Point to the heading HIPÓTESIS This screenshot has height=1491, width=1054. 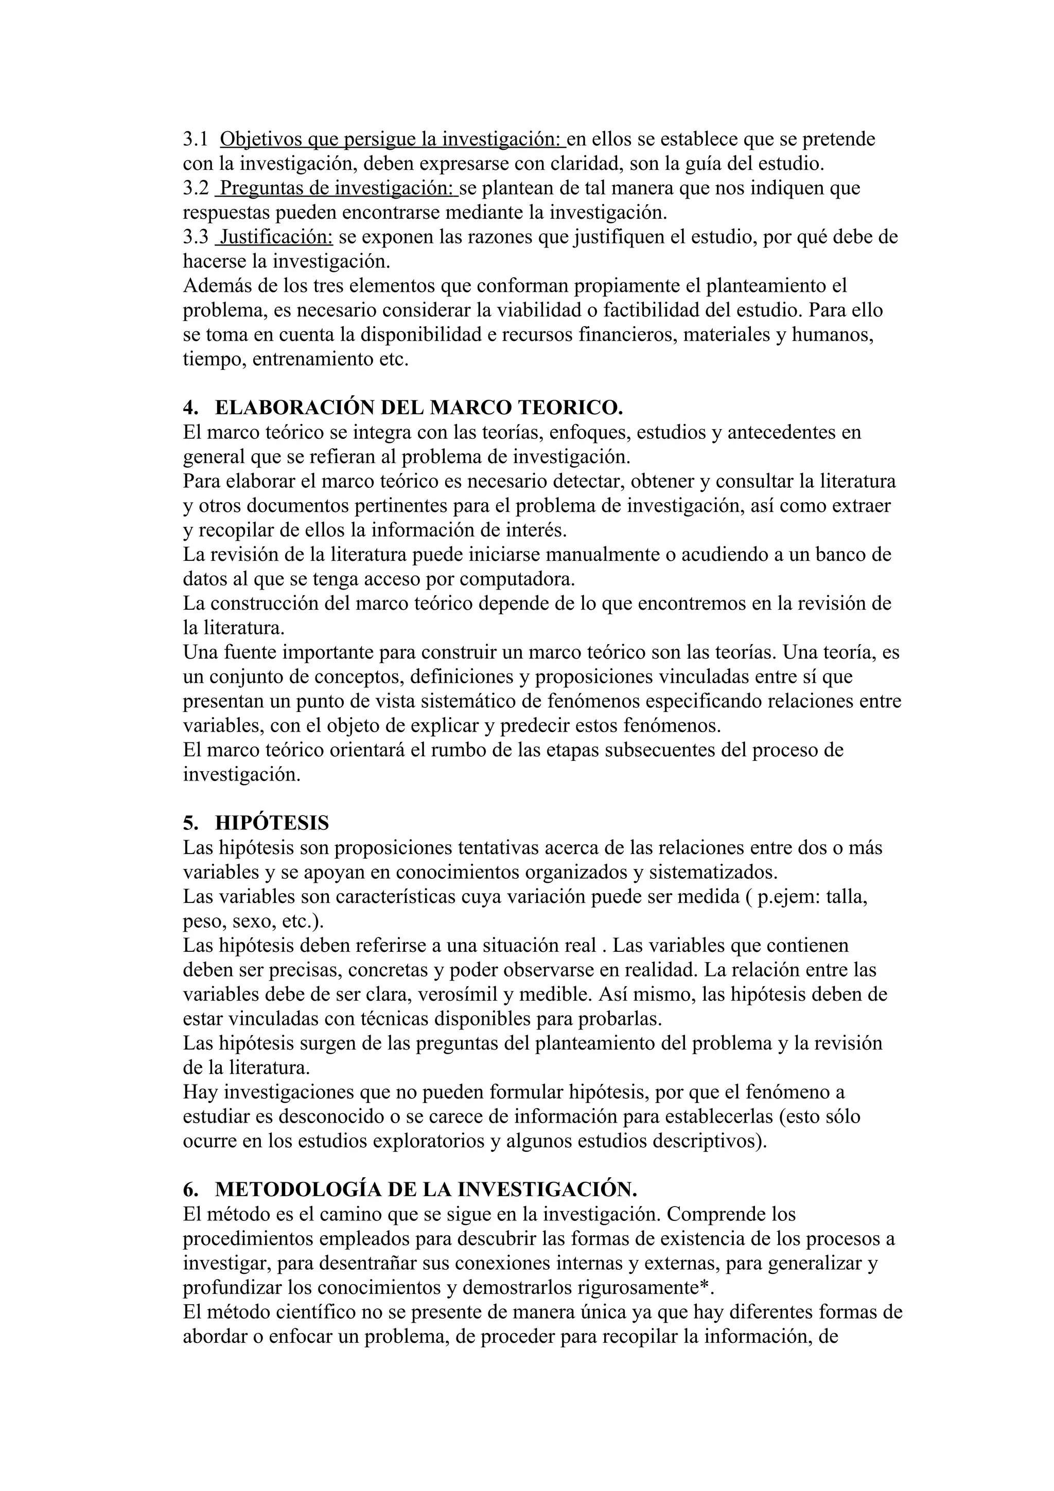click(x=272, y=823)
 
